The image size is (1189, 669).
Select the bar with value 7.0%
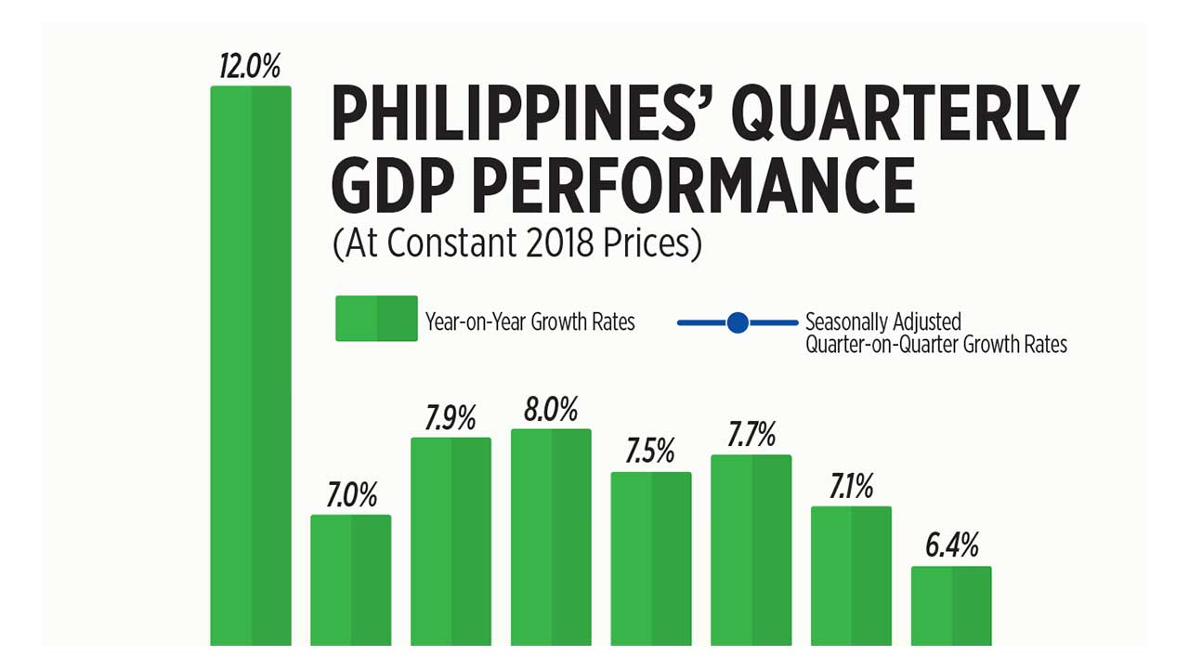tap(350, 580)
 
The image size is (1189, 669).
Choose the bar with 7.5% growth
tap(650, 558)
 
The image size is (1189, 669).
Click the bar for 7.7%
tap(751, 549)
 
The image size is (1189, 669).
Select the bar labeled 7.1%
tap(851, 575)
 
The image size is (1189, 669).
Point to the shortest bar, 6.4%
tap(951, 605)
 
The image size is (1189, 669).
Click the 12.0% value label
tap(250, 68)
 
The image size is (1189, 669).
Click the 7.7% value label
tap(751, 435)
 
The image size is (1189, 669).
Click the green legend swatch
tap(376, 319)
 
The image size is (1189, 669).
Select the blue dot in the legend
tap(738, 322)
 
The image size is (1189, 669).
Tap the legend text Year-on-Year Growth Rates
tap(530, 322)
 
